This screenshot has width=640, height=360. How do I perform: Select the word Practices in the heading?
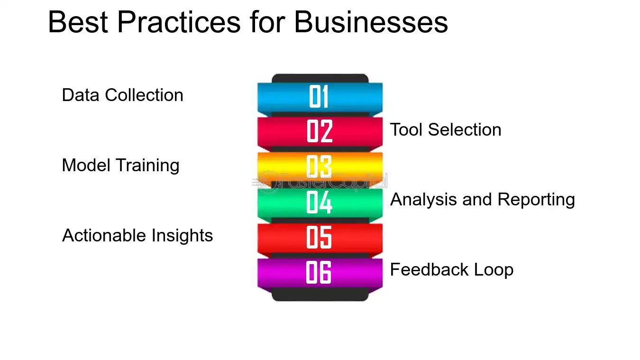[178, 22]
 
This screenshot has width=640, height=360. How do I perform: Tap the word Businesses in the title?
[371, 22]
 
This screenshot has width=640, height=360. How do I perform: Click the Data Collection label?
[122, 95]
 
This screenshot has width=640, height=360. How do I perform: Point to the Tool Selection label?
[446, 130]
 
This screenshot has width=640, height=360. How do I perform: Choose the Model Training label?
[120, 166]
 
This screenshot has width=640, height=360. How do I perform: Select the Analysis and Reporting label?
[482, 200]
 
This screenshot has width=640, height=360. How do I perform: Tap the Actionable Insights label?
[137, 236]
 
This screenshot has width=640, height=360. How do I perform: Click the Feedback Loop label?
[451, 270]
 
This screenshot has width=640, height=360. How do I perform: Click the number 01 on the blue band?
[319, 97]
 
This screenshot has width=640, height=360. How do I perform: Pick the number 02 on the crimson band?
[320, 131]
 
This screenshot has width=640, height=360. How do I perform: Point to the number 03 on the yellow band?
[319, 166]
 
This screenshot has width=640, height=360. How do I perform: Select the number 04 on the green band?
[320, 202]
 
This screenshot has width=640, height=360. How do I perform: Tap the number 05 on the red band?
[320, 237]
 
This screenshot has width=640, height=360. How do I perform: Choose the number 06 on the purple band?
[319, 272]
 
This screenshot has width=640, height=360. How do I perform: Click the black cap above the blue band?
[320, 78]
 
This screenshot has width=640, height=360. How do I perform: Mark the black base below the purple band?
[320, 295]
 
